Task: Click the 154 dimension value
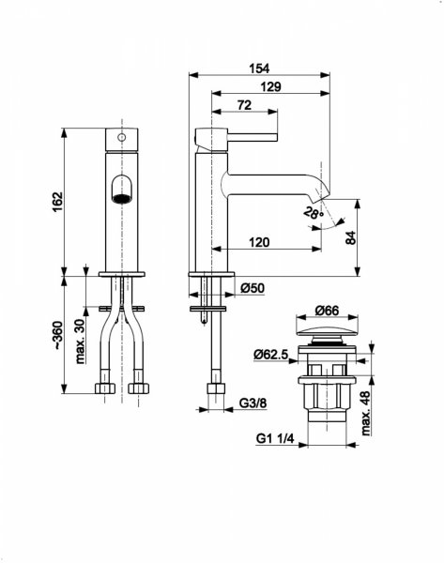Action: (259, 68)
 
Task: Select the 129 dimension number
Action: (270, 87)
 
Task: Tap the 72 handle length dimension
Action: (244, 105)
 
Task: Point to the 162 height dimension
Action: (58, 202)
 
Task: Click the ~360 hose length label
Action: (58, 335)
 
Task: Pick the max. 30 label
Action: (81, 341)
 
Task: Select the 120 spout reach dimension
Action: (259, 242)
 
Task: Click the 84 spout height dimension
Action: (351, 237)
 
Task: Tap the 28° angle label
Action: (314, 213)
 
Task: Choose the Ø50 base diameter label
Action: (253, 288)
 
